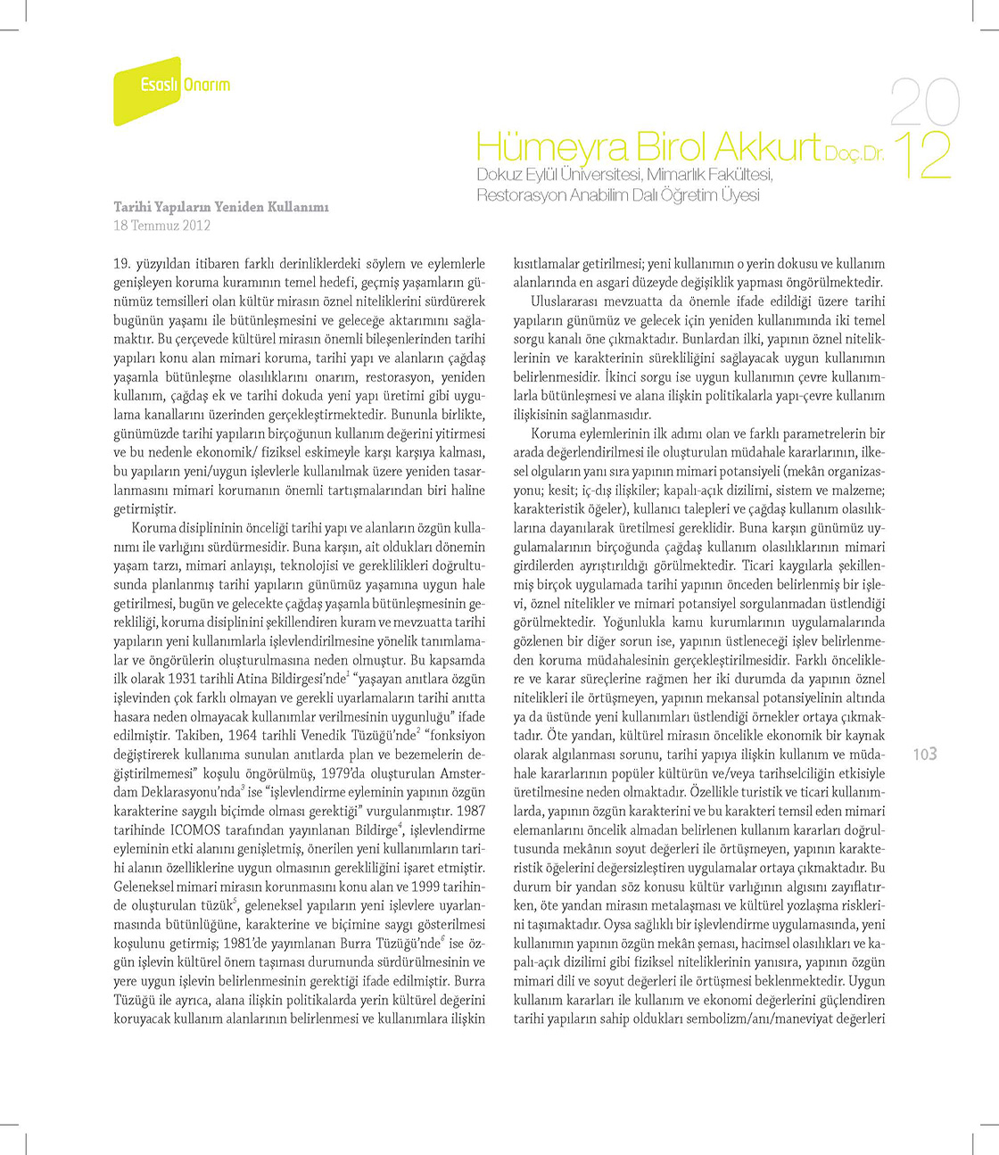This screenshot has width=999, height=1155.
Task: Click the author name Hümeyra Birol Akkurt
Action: [648, 146]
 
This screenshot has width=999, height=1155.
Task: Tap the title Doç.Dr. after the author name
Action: [855, 153]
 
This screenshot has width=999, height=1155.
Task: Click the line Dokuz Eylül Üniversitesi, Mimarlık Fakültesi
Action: [624, 175]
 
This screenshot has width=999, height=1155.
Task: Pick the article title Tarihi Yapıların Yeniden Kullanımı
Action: [221, 207]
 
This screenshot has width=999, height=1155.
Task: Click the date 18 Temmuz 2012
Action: [161, 226]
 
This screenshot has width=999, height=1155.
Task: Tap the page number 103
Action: [925, 755]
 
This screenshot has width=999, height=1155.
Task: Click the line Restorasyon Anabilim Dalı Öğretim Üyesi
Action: [617, 194]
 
